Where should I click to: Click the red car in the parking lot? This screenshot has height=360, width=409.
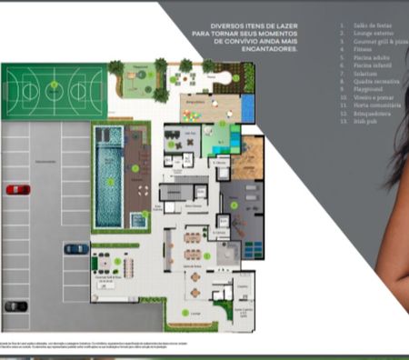coord(17,190)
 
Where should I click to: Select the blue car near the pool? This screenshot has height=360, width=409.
coord(76,248)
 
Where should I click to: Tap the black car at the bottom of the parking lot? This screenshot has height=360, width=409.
coord(15,306)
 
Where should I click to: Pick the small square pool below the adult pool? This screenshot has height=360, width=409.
coord(139,219)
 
